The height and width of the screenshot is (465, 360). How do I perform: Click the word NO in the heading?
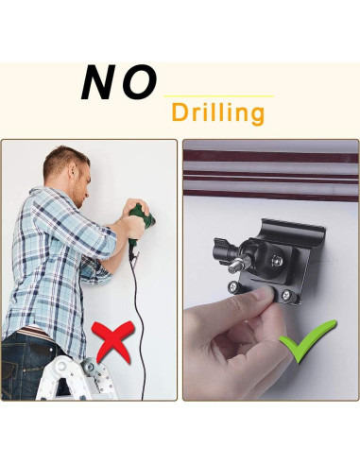[118, 83]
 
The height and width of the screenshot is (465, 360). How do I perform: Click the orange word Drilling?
[217, 113]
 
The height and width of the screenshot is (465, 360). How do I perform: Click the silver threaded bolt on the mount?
[232, 270]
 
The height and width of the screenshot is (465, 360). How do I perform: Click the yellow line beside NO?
[218, 96]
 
